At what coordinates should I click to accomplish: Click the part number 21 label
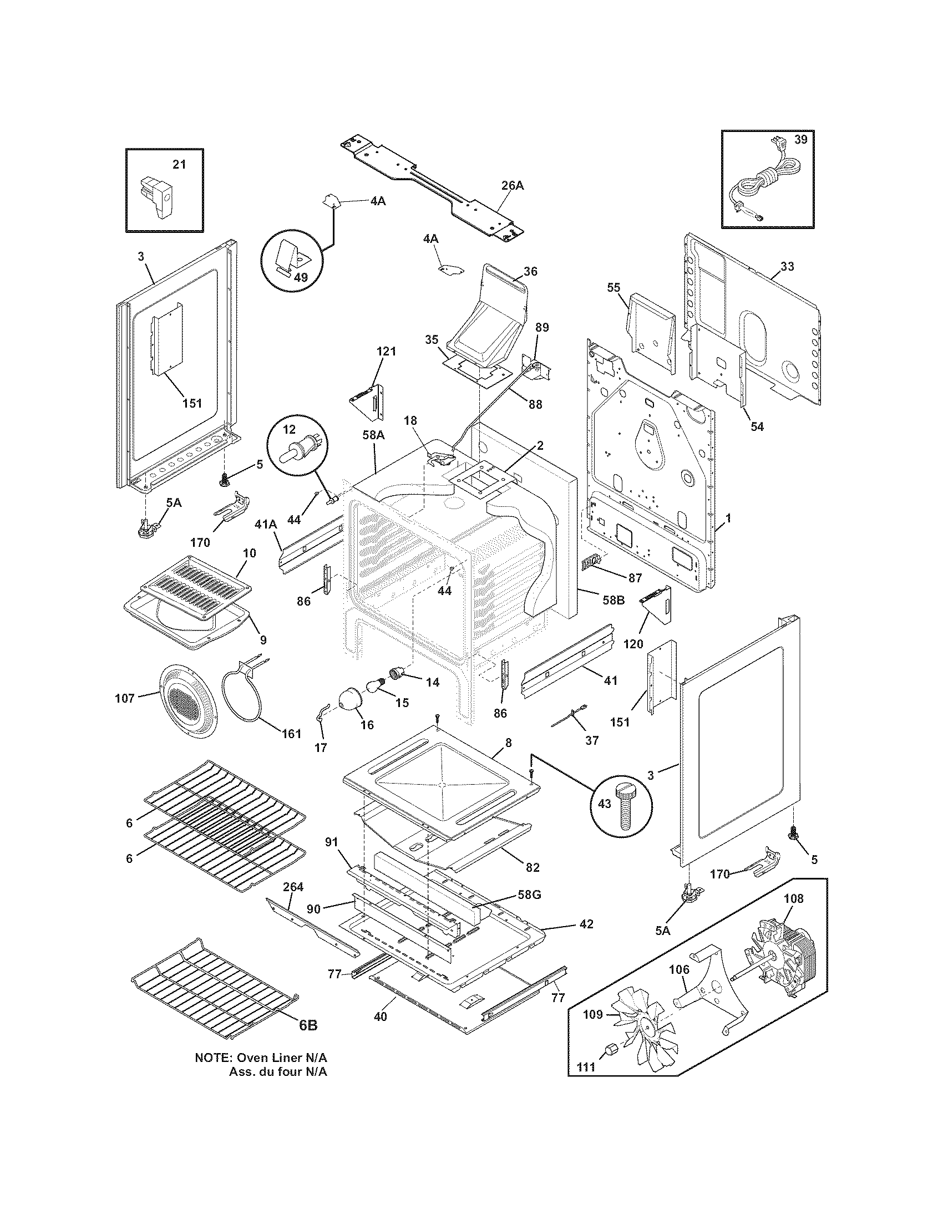pyautogui.click(x=179, y=164)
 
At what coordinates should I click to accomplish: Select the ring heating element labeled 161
pyautogui.click(x=247, y=692)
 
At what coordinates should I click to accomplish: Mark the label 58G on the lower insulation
pyautogui.click(x=530, y=894)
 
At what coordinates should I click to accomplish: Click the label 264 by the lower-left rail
pyautogui.click(x=293, y=887)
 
